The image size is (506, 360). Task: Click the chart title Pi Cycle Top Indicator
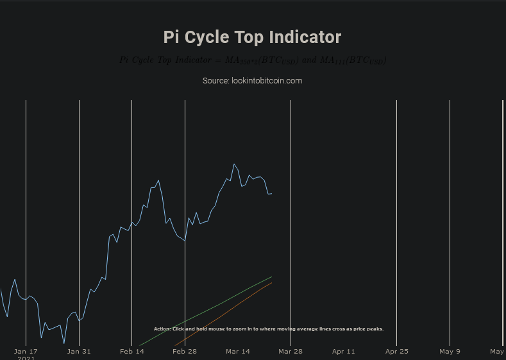coord(252,37)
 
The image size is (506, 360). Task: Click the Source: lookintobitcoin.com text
coord(252,81)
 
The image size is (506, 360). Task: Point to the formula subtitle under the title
coord(253,60)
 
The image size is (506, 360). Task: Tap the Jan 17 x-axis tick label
coord(26,351)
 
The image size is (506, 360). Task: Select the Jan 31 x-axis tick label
coord(79,351)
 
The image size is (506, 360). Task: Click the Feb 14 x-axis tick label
coord(132,351)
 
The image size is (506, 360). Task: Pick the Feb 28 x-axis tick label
coord(185,351)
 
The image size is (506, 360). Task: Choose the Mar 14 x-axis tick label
coord(238,351)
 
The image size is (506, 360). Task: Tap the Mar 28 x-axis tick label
coord(291,351)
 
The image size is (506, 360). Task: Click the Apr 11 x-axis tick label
coord(344,351)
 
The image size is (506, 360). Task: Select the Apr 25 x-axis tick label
coord(396,351)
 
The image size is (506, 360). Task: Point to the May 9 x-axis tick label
coord(450,351)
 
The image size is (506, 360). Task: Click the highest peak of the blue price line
coord(234,164)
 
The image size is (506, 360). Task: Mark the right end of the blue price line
coord(271,193)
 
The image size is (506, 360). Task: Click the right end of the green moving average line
coord(271,277)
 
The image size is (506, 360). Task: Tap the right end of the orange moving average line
coord(271,283)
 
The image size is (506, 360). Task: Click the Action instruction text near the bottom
coord(269,329)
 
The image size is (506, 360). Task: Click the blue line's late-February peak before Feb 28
coord(158,181)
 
